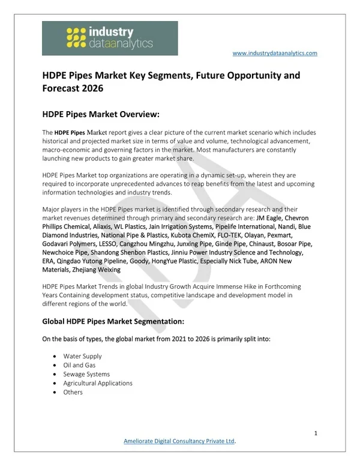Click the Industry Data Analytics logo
tap(110, 38)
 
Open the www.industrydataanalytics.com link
tap(274, 53)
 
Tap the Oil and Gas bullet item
tap(79, 365)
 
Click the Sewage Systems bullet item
tap(87, 374)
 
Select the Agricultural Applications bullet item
tap(98, 383)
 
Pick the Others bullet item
tap(73, 392)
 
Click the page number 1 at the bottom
tap(316, 433)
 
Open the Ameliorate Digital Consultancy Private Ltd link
tap(178, 441)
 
